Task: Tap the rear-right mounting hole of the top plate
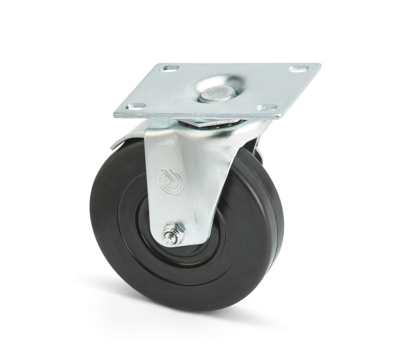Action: (x=300, y=67)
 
